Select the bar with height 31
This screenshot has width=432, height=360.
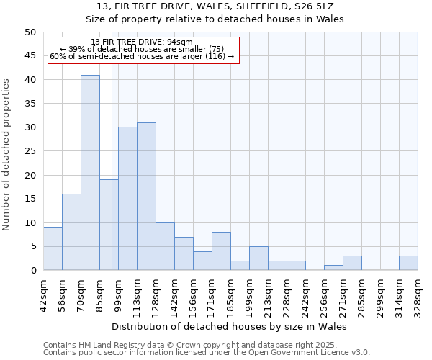click(146, 197)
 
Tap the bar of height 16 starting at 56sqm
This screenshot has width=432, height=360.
click(71, 232)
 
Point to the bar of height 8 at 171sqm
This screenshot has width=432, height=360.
click(221, 251)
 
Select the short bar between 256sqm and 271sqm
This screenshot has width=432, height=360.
click(333, 268)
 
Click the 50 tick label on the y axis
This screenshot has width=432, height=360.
click(30, 32)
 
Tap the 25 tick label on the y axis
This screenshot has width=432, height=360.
click(30, 151)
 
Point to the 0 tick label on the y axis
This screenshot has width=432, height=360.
click(33, 271)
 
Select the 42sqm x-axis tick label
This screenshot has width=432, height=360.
click(44, 295)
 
